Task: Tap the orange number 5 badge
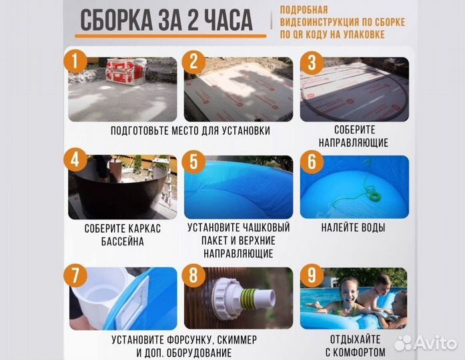(x=193, y=163)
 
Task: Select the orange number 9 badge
(x=310, y=274)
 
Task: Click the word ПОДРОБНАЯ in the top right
(x=304, y=9)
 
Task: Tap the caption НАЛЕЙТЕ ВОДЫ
(x=353, y=228)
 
